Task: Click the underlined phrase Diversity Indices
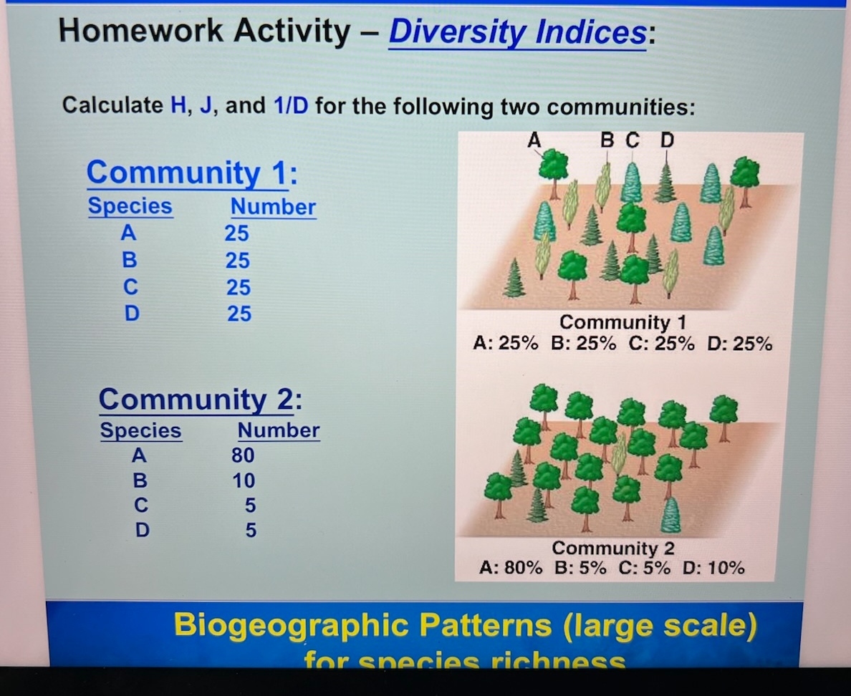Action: click(517, 32)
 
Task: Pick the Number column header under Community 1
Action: click(273, 207)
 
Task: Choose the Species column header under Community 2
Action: click(140, 430)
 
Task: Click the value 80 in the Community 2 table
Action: click(243, 455)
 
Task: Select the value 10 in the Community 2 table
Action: click(244, 480)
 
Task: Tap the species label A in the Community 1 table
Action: click(130, 233)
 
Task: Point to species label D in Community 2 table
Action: click(143, 531)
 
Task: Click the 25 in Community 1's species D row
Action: click(239, 314)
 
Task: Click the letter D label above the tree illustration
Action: click(666, 140)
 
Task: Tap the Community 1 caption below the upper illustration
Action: click(622, 322)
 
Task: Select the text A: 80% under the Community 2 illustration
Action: click(511, 569)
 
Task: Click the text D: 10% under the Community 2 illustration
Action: click(713, 569)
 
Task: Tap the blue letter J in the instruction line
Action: click(211, 106)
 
